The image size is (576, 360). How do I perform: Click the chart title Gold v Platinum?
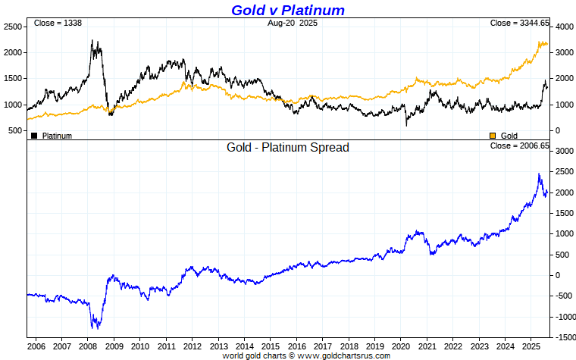coord(288,10)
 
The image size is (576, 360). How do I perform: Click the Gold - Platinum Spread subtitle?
coord(288,147)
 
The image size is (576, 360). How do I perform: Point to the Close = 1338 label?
coord(58,23)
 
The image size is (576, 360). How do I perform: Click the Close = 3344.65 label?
coord(519,23)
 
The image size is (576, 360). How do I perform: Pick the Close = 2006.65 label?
coord(519,146)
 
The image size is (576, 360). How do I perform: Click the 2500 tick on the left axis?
coord(12,27)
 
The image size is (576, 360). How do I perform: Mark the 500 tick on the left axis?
coord(14,131)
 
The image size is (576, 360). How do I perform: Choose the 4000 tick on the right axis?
coord(563,27)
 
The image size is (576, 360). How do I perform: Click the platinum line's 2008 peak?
coord(92,41)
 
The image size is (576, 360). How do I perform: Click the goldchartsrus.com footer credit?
coord(305,355)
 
